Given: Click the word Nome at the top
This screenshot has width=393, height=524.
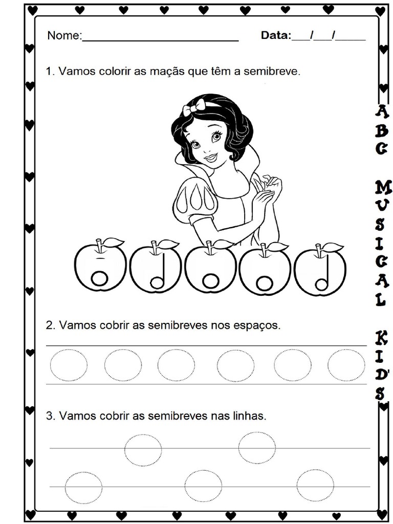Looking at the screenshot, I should tap(64, 36).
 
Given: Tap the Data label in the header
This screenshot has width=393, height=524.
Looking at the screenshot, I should tap(275, 35).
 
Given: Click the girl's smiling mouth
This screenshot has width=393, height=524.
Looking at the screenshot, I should tap(210, 157).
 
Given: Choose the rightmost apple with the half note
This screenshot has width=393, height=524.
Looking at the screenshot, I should tap(321, 271).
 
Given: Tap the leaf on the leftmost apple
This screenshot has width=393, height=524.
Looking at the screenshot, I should tap(113, 241).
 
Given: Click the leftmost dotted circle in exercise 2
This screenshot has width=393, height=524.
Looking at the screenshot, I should tap(69, 365).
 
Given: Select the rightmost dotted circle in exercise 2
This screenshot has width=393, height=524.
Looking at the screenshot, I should tap(346, 365).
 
